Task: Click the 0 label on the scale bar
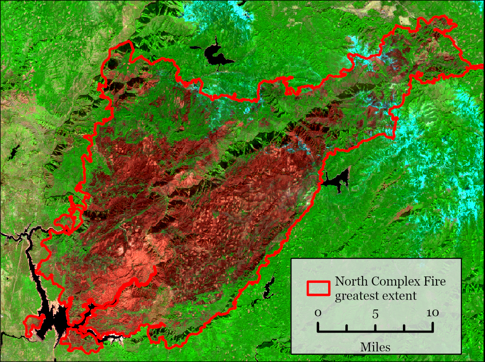click(318, 313)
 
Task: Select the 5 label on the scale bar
click(375, 314)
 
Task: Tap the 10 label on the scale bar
click(432, 313)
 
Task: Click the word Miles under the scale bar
click(375, 347)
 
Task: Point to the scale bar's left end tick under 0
click(318, 327)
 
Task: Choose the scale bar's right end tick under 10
click(432, 327)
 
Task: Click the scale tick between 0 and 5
click(347, 328)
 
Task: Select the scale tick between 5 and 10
click(404, 328)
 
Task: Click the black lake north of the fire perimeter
click(215, 55)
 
